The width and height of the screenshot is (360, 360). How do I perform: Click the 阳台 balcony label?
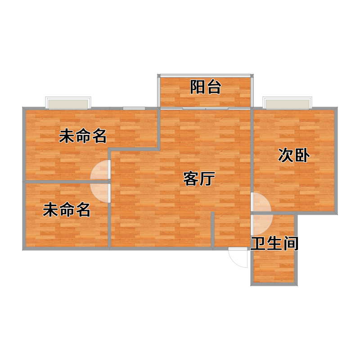[x=206, y=87]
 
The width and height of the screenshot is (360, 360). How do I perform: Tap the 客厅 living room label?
[x=199, y=178]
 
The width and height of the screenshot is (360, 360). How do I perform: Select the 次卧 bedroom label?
[x=294, y=155]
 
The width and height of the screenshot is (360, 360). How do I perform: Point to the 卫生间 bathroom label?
[x=274, y=243]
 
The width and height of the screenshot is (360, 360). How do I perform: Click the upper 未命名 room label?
[x=83, y=136]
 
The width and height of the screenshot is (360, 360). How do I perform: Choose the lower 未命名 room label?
[x=67, y=210]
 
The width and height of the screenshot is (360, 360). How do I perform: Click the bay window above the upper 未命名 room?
[x=68, y=103]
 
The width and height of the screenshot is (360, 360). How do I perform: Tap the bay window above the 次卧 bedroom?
[x=288, y=103]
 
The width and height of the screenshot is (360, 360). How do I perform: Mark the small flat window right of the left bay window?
[x=134, y=108]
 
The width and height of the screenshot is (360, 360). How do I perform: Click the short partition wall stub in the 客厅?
[x=212, y=229]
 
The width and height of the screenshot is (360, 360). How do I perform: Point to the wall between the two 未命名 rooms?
[x=67, y=182]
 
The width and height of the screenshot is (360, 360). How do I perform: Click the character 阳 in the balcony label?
[x=198, y=87]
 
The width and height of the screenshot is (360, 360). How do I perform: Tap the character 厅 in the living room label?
[x=207, y=178]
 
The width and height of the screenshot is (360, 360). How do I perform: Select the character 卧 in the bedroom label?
[x=302, y=155]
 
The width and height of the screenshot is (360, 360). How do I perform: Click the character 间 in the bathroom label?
[x=291, y=243]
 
